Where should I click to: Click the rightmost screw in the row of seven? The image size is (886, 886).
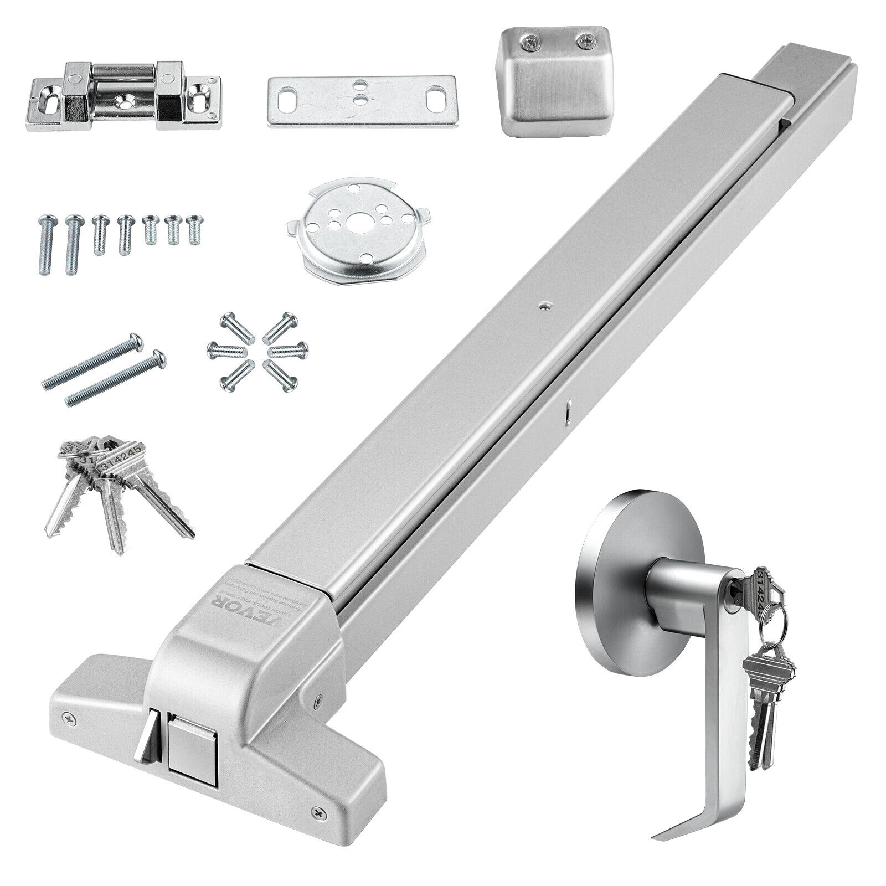coord(194,230)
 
